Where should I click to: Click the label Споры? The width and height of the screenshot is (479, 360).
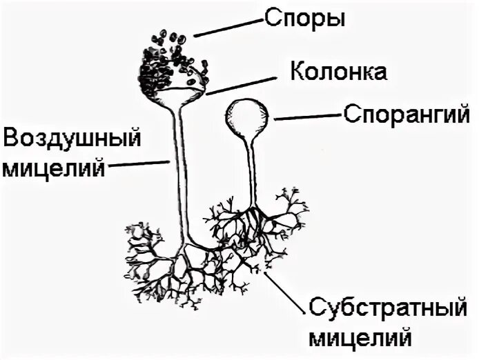coord(303,19)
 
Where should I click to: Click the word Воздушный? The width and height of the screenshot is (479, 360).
coord(72,141)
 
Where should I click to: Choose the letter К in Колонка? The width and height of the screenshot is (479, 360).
coord(295,72)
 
